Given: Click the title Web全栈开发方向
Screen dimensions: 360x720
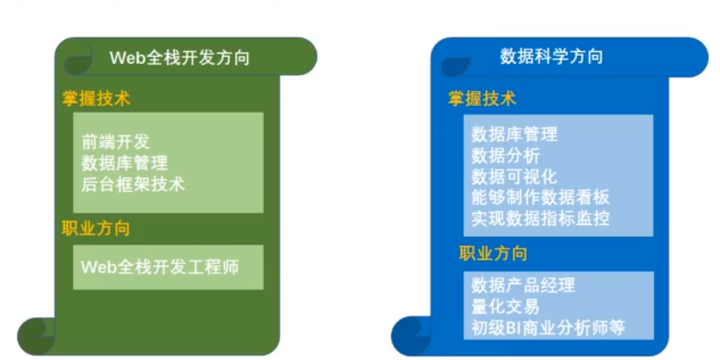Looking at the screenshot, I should (x=179, y=57).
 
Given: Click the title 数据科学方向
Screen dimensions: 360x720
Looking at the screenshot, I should (x=551, y=56).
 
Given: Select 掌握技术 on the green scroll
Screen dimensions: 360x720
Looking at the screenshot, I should (x=96, y=98).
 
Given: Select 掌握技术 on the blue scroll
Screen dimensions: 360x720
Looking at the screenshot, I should (x=482, y=98).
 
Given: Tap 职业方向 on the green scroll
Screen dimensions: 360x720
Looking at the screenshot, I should (x=96, y=229).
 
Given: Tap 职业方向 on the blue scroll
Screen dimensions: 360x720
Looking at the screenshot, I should (x=493, y=253).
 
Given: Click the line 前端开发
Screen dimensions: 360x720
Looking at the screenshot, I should (x=115, y=142).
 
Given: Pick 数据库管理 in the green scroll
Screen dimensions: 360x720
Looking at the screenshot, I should (x=125, y=163).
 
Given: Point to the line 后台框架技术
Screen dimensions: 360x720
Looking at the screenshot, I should (x=133, y=184).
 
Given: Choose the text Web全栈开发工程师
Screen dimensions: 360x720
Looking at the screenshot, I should (x=160, y=267).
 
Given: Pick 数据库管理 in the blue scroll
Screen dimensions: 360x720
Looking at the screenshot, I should (x=514, y=134).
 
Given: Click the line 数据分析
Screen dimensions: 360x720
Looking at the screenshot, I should (x=506, y=155).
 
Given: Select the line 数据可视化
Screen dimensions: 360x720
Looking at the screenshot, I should (x=514, y=176).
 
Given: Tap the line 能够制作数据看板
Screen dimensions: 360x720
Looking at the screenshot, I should (x=540, y=197).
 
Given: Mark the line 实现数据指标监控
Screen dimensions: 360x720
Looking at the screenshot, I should (x=540, y=218).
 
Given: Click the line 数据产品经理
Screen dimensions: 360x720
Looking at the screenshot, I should (x=523, y=285).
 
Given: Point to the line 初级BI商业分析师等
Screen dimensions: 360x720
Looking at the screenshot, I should (x=548, y=328).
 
